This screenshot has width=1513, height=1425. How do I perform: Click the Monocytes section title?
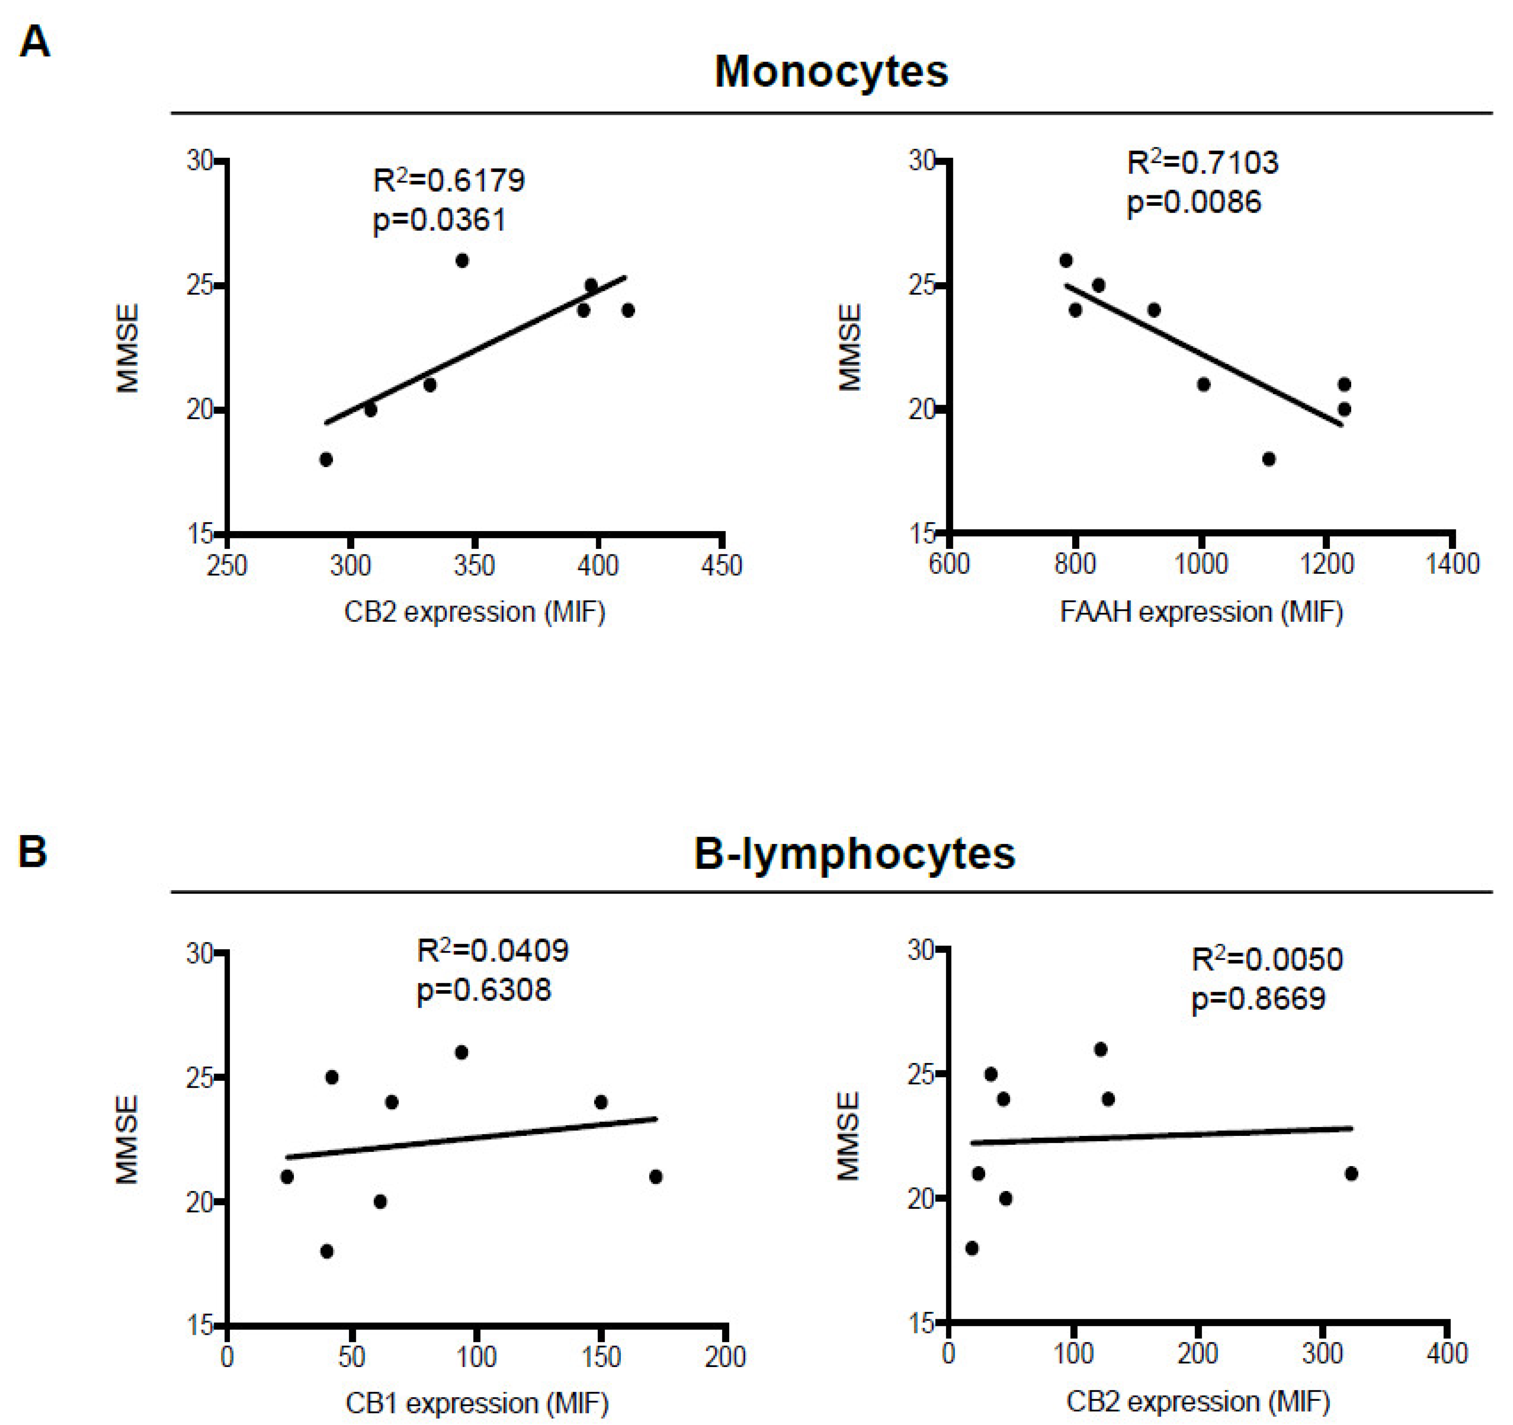click(x=831, y=72)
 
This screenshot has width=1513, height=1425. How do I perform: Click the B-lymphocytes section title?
click(x=854, y=853)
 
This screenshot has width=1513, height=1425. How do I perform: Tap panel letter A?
click(x=34, y=42)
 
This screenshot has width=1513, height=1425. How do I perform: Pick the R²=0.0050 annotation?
click(x=1267, y=959)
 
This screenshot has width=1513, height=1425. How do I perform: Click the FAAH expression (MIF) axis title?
click(x=1201, y=612)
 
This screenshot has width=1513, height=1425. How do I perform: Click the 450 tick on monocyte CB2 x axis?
click(x=721, y=566)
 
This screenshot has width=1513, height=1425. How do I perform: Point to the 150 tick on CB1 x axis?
click(x=601, y=1357)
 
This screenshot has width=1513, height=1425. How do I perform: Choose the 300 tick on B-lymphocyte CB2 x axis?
click(x=1323, y=1353)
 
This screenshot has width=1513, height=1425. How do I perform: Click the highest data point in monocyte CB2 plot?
click(x=462, y=261)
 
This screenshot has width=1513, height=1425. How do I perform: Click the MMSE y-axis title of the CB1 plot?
click(x=127, y=1140)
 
